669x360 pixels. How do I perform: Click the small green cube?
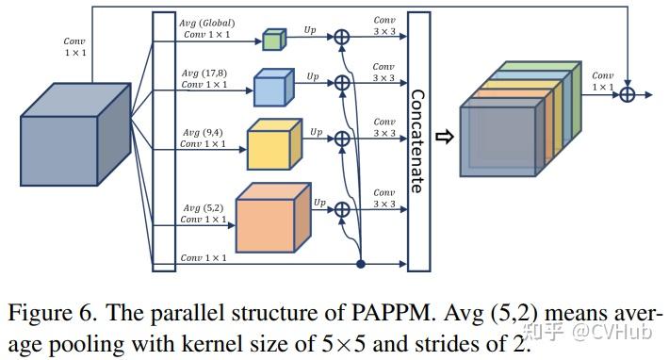pos(272,40)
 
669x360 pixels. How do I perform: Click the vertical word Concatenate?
pos(416,140)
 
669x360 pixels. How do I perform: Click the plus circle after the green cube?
pos(342,38)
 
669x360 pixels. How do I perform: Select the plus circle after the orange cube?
pos(342,209)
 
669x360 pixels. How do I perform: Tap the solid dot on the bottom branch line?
pos(361,263)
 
